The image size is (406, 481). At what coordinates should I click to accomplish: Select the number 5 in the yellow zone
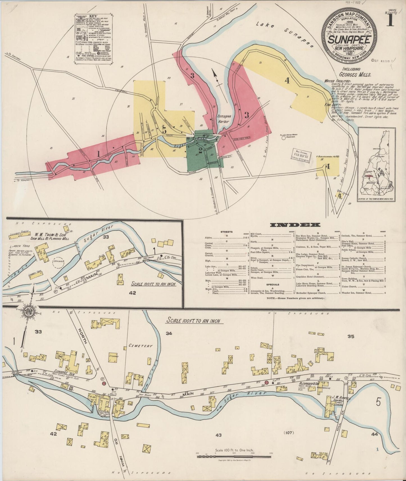tap(164, 130)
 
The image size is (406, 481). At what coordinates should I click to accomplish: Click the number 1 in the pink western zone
tap(98, 154)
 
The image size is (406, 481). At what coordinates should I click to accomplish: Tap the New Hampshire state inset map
tap(376, 165)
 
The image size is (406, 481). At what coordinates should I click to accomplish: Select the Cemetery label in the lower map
tap(140, 346)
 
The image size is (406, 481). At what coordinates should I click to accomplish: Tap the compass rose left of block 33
tap(28, 313)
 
